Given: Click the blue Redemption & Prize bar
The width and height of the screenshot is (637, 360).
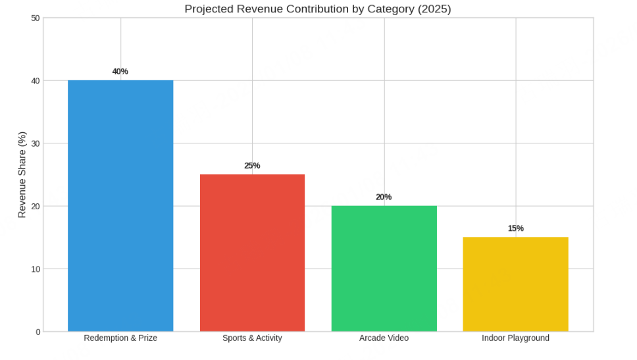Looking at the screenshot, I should [120, 205].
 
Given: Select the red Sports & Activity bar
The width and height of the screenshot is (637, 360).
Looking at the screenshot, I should [252, 253].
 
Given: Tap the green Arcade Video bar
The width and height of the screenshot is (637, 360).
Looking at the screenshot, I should [384, 269].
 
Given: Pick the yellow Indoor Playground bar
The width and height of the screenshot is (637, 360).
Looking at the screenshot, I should [515, 284].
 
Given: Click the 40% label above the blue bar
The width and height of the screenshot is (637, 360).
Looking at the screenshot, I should [120, 71].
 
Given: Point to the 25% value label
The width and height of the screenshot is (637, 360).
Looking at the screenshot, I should [252, 165].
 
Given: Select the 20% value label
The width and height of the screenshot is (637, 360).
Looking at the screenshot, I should [384, 197].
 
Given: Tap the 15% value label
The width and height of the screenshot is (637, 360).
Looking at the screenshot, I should [515, 228].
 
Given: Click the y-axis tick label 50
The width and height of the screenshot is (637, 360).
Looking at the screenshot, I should [36, 18].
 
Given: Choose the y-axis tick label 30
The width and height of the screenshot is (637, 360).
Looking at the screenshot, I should [36, 143].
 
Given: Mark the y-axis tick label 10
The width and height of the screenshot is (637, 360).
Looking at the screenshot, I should [36, 269].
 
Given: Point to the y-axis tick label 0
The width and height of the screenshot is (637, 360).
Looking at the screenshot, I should [38, 332].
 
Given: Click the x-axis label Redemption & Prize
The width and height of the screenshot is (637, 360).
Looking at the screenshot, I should [120, 338].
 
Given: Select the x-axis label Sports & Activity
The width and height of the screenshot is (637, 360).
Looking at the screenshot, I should [252, 338].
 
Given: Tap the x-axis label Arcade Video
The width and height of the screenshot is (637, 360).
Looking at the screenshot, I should [384, 338].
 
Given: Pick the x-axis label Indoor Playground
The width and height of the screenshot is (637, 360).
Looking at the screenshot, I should [515, 338].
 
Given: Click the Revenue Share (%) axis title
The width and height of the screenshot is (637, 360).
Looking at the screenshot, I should [22, 174].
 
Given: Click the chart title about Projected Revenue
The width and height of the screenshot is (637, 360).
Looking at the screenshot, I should [317, 9].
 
